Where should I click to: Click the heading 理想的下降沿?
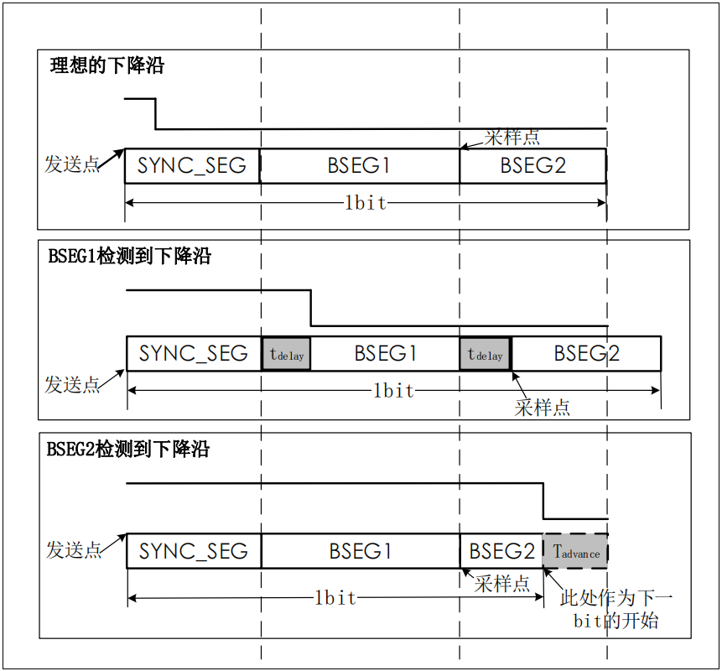[x=107, y=66]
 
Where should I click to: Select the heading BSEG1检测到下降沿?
[x=130, y=257]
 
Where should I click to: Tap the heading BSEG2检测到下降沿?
[x=128, y=450]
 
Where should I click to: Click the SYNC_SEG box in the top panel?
[x=192, y=165]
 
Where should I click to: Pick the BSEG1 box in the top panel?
[x=359, y=165]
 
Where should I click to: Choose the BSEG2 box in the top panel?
[x=532, y=165]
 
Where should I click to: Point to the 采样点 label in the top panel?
[x=512, y=137]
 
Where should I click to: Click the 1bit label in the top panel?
[x=366, y=203]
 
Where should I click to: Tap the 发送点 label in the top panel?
[x=72, y=164]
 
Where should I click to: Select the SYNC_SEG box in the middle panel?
[x=194, y=354]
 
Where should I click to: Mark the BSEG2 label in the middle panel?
[x=586, y=354]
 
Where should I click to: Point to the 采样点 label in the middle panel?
[x=542, y=408]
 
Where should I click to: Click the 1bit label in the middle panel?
[x=393, y=391]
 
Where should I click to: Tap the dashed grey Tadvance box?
[x=576, y=551]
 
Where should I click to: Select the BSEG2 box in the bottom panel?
[x=501, y=551]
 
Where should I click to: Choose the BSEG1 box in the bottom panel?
[x=361, y=551]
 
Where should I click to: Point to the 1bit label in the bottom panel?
[x=335, y=598]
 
